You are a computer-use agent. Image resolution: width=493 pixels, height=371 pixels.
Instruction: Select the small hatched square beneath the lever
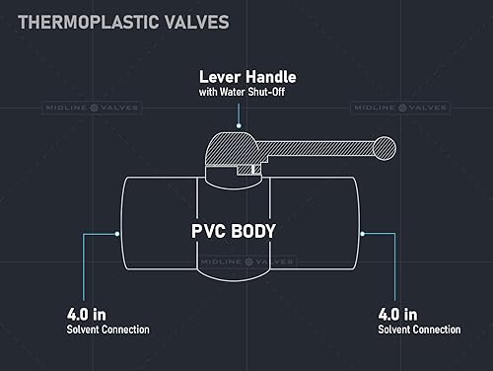255,171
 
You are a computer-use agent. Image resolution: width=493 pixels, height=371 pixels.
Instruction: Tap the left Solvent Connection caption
107,330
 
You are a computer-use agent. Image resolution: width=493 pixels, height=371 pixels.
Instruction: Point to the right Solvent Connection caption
418,330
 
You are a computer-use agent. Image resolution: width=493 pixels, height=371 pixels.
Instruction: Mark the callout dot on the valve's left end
119,234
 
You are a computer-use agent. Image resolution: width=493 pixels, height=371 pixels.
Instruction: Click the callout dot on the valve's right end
363,234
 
